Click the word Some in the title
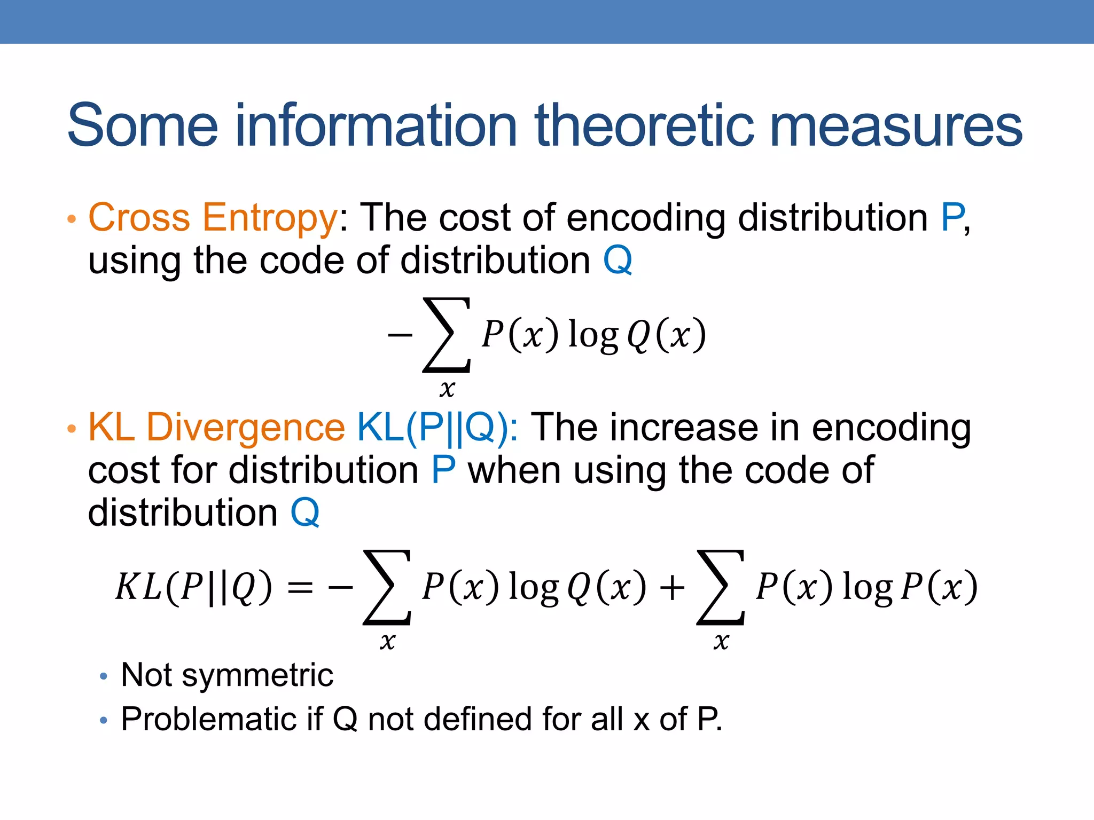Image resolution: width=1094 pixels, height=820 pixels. pos(143,126)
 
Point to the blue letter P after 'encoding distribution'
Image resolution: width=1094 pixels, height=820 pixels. pos(952,218)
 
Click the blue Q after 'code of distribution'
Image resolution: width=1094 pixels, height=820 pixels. pos(618,261)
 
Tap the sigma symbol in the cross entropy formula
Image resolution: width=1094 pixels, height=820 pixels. pos(447,335)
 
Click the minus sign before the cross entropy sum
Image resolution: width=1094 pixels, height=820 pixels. pos(400,335)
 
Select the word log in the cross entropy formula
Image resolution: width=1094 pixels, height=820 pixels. pos(593,335)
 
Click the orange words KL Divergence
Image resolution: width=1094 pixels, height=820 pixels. pos(216,428)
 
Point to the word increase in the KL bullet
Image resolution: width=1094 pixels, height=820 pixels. pos(681,428)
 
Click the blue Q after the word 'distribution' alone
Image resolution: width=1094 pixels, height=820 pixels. pos(305,512)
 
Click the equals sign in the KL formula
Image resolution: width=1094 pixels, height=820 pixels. pos(300,588)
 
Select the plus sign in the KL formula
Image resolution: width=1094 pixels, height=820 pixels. pos(672,588)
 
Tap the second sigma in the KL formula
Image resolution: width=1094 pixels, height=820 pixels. pos(721,587)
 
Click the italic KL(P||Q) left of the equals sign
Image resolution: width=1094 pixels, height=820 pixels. pos(193,587)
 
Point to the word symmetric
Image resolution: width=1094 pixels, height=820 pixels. pos(257,675)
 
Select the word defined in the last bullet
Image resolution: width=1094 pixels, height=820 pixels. pos(478,719)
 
